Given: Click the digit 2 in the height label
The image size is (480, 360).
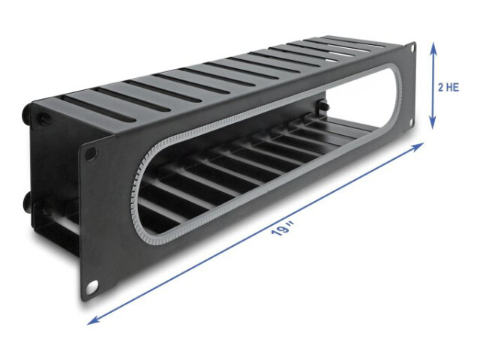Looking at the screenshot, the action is pos(441,88).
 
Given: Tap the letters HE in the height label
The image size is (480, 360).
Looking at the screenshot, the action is pos(453,88).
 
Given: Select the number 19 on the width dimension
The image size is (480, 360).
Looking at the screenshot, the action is pos(278,231).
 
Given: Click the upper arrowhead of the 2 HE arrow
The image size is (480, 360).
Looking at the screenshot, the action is pos(433,48).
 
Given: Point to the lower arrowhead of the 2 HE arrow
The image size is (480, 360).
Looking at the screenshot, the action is pos(433,124).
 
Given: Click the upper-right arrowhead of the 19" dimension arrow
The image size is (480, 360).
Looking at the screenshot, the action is pos(418,146).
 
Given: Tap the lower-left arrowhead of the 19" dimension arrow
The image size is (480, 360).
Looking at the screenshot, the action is pos(93,320).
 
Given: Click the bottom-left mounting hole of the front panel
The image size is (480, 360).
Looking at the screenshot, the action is pos(91,287).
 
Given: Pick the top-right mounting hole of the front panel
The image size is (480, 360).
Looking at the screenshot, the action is pos(412,47).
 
